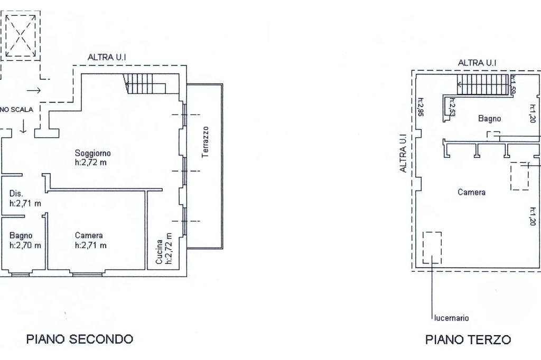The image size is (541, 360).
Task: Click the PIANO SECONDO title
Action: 80,339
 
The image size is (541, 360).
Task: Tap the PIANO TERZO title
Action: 468,339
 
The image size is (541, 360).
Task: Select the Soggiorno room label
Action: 93,153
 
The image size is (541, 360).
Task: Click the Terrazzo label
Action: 206,142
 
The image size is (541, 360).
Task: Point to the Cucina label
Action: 159,252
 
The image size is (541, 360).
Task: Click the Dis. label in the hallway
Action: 16,193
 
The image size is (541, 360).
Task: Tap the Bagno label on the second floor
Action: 21,236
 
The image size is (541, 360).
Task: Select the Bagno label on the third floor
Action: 489,119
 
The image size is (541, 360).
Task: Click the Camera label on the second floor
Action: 89,235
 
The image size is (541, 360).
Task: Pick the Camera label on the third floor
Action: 471,193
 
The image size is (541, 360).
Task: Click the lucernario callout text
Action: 451,318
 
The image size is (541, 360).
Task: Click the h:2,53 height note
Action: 452,107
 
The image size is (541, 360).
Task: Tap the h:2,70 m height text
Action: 25,245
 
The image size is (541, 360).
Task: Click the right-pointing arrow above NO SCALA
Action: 34,91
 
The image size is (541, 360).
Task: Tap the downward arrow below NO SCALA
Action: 23,127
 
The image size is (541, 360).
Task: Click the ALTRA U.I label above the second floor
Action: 107,57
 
